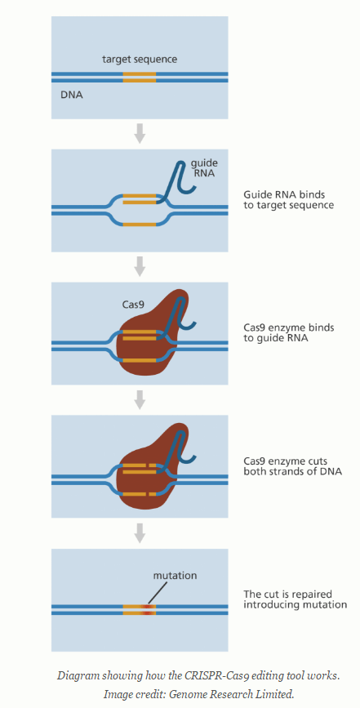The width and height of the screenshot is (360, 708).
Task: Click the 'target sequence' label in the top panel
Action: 140,60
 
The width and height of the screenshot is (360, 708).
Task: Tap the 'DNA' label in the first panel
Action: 71,95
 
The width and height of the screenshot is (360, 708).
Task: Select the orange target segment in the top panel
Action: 140,77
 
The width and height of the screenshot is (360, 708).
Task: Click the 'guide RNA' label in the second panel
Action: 204,167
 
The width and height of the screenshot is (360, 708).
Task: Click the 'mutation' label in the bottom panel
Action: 175,575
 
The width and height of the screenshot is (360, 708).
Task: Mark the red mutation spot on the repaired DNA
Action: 148,609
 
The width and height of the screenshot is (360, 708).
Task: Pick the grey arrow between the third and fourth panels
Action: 140,399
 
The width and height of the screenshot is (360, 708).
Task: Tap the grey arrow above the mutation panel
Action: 140,532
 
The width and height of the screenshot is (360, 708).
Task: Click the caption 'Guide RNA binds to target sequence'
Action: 288,200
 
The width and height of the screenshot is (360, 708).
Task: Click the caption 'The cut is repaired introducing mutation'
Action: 295,599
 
